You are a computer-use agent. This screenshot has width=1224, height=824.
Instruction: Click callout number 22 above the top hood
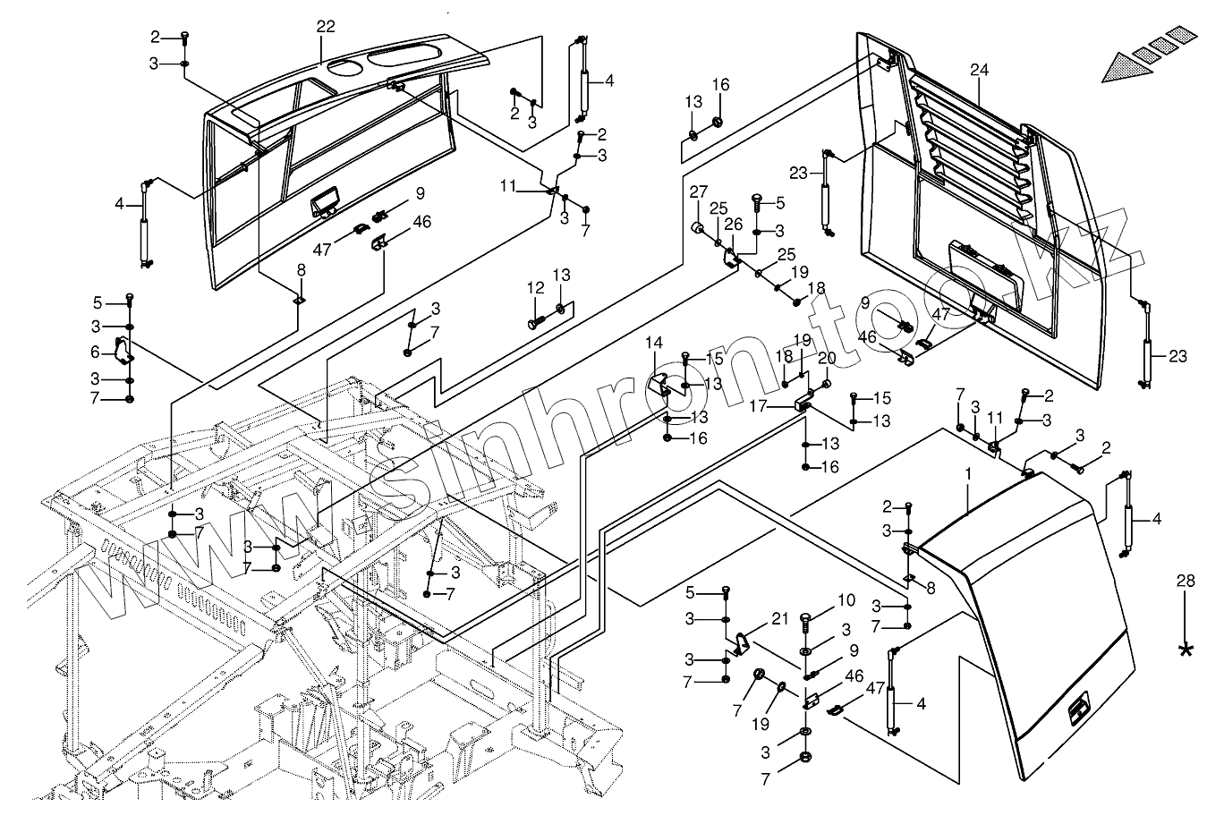325,27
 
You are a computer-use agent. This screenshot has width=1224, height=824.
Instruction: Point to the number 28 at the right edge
1186,582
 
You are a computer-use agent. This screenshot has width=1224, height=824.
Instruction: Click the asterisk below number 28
1186,650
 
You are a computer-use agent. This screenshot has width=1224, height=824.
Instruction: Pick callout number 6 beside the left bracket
95,353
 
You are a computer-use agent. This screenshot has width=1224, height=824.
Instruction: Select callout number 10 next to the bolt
846,599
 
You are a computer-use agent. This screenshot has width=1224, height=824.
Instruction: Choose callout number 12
535,288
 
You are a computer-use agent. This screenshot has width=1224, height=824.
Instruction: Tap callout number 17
758,405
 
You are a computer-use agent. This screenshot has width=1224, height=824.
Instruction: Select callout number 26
734,224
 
